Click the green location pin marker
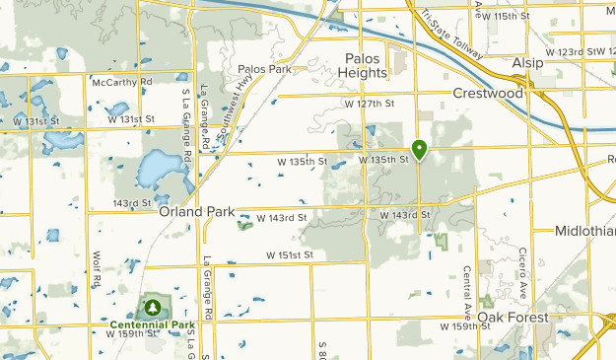pyautogui.click(x=419, y=150)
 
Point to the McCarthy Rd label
pyautogui.click(x=121, y=82)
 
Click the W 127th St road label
pyautogui.click(x=369, y=103)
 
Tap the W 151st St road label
pyautogui.click(x=289, y=254)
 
